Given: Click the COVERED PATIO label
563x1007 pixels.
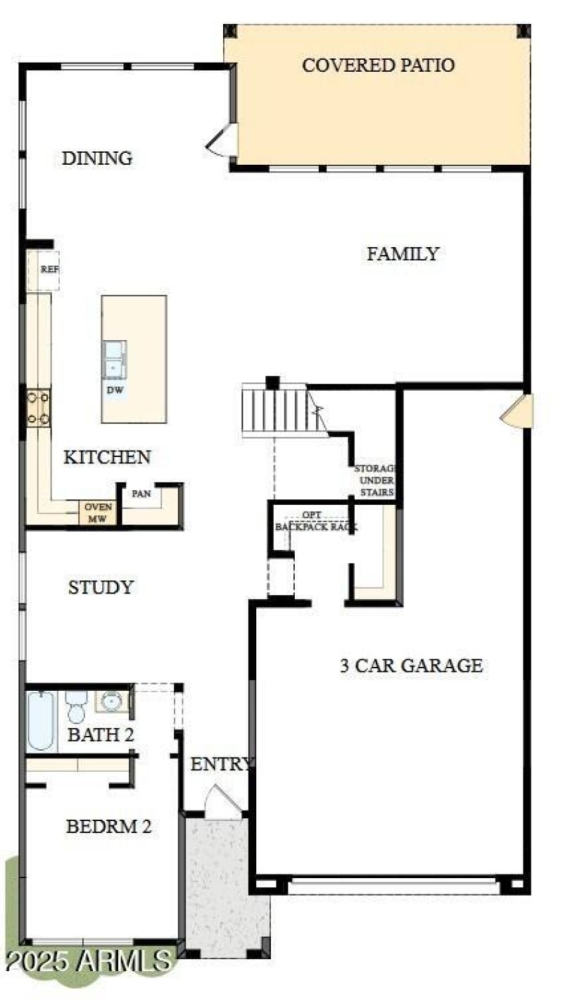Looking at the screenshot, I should pyautogui.click(x=378, y=65).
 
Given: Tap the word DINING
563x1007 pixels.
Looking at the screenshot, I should pyautogui.click(x=97, y=158).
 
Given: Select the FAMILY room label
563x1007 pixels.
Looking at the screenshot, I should pyautogui.click(x=403, y=254).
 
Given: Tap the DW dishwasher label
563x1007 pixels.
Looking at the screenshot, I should pyautogui.click(x=113, y=389).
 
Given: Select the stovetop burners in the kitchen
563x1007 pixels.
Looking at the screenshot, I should pyautogui.click(x=38, y=408).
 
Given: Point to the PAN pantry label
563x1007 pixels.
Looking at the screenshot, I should pyautogui.click(x=142, y=494).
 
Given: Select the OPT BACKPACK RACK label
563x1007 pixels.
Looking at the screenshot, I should pyautogui.click(x=316, y=521).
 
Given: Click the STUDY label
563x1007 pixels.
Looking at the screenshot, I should pyautogui.click(x=101, y=587).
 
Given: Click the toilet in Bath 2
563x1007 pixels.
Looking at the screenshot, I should pyautogui.click(x=77, y=707).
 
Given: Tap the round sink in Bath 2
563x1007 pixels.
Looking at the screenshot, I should pyautogui.click(x=112, y=701).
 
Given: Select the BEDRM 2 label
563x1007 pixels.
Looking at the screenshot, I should pyautogui.click(x=108, y=826).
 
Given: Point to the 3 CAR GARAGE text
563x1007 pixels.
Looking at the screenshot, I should pyautogui.click(x=412, y=665).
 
